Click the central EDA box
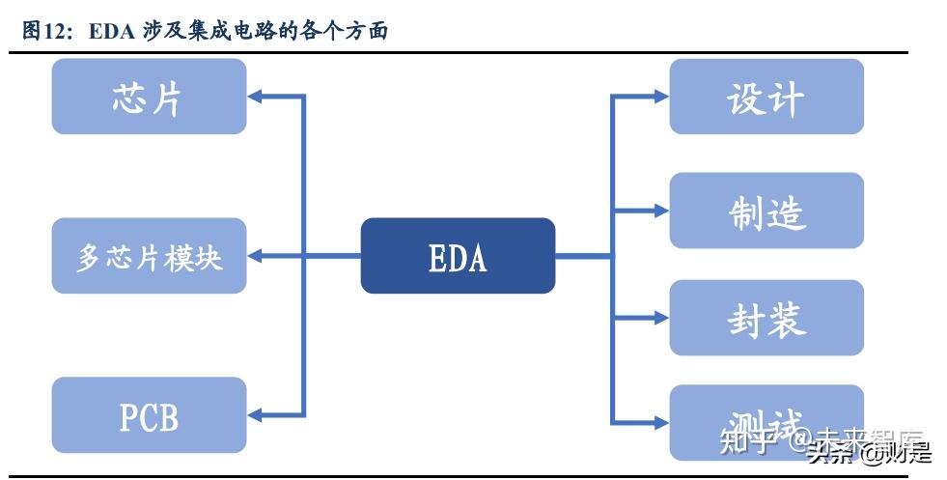(458, 256)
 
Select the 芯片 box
(149, 97)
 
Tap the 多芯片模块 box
(149, 257)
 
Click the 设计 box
(766, 97)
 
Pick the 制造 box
(766, 211)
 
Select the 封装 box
(766, 318)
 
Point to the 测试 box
(766, 422)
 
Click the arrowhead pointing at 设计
(660, 97)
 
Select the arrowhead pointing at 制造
(660, 211)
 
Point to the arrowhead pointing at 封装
(660, 318)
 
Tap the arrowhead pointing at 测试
(660, 422)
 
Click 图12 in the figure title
(45, 32)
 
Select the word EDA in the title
(114, 32)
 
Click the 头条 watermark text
(828, 451)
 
